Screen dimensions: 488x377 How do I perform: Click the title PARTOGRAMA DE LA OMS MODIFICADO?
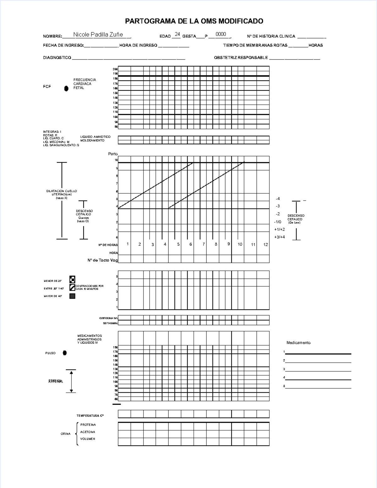194,21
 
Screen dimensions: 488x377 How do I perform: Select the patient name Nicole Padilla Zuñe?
98,35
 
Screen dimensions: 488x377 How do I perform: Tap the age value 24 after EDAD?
177,34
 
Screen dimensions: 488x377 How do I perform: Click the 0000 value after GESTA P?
221,34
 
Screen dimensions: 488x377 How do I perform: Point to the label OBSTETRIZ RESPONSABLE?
241,58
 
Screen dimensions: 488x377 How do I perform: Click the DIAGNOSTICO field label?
57,58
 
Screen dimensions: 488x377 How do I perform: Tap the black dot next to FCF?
66,89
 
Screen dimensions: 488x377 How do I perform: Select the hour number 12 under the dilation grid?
265,245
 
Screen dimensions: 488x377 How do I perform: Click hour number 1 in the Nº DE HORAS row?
128,244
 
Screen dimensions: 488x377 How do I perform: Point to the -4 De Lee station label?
278,199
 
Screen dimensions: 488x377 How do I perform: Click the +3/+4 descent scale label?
279,237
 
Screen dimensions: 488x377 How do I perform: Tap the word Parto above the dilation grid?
113,154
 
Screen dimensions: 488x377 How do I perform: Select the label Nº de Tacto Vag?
102,260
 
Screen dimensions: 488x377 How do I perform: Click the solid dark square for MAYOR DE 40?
72,296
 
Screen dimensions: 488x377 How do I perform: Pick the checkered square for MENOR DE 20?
72,279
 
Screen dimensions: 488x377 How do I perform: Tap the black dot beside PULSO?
65,353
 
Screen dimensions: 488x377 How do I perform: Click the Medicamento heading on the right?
298,343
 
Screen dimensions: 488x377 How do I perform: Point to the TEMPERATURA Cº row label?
90,416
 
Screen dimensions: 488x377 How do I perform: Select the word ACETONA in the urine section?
87,432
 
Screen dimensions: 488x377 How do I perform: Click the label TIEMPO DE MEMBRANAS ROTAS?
255,46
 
